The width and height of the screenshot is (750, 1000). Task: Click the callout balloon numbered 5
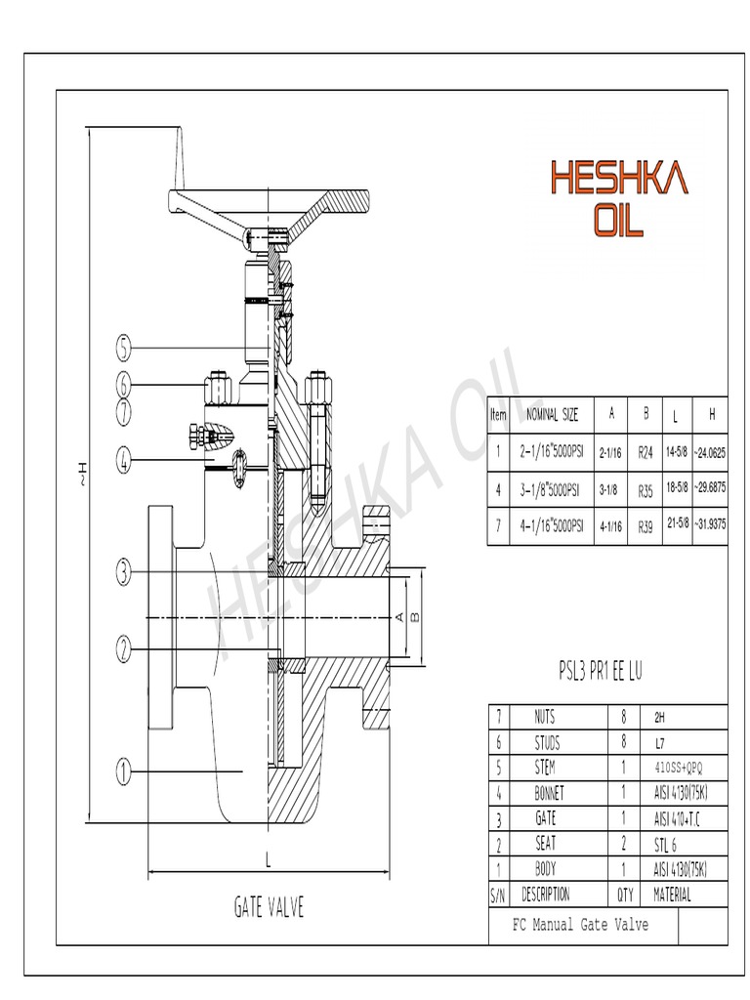(123, 347)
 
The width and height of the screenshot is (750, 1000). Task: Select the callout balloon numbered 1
(123, 771)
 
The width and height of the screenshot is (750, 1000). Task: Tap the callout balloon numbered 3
(123, 573)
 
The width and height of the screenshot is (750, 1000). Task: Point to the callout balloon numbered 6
(123, 384)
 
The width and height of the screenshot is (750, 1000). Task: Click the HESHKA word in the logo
(619, 179)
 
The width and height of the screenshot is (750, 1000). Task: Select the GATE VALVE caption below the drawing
(269, 907)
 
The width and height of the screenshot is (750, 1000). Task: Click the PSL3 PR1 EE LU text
(600, 671)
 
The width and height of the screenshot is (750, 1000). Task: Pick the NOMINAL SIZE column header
(553, 414)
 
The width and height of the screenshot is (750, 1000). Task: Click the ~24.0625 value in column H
(710, 453)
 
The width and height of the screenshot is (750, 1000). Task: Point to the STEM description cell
(545, 767)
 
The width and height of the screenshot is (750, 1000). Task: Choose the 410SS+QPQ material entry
(678, 768)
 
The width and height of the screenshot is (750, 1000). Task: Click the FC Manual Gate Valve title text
(580, 925)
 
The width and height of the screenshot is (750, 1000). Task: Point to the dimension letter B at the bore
(414, 617)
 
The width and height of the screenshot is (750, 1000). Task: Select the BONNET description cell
(545, 792)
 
